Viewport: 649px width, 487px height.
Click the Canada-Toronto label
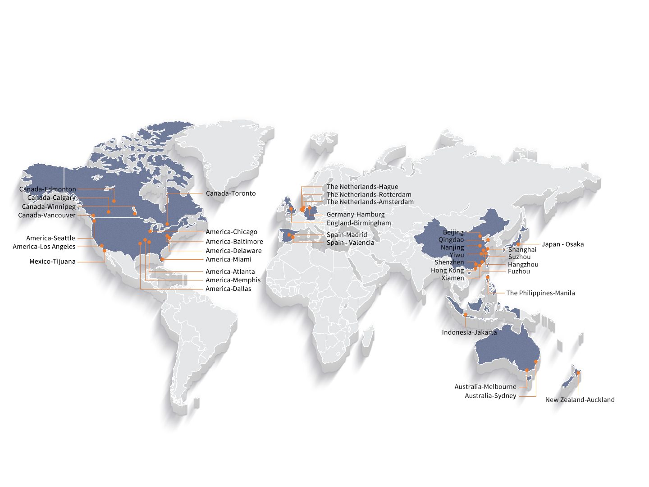click(x=230, y=193)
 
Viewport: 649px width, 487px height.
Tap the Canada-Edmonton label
click(x=47, y=189)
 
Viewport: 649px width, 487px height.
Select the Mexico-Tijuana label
click(x=52, y=262)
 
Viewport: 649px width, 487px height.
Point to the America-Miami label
click(x=229, y=259)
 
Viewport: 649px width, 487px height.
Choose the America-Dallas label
click(x=229, y=289)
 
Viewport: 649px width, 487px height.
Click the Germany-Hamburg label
click(x=356, y=215)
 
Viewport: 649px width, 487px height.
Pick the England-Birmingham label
click(x=359, y=223)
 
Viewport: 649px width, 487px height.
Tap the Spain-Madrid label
click(x=347, y=234)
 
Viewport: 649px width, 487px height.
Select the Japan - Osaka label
click(x=562, y=244)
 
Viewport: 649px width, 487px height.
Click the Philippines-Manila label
click(x=540, y=293)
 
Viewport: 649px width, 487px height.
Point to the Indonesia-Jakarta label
click(x=469, y=332)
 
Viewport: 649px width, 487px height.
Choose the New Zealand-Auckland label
click(x=580, y=400)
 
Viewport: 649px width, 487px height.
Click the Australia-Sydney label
click(x=490, y=396)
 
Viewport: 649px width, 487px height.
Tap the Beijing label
click(x=453, y=232)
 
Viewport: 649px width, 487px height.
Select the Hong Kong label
click(x=447, y=271)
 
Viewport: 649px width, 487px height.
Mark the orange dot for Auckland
click(x=578, y=372)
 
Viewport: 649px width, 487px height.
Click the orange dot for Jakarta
click(x=466, y=315)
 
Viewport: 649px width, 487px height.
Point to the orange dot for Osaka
click(x=518, y=244)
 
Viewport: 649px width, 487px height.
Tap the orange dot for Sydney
click(x=536, y=362)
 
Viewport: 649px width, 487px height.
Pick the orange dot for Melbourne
click(x=526, y=371)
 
